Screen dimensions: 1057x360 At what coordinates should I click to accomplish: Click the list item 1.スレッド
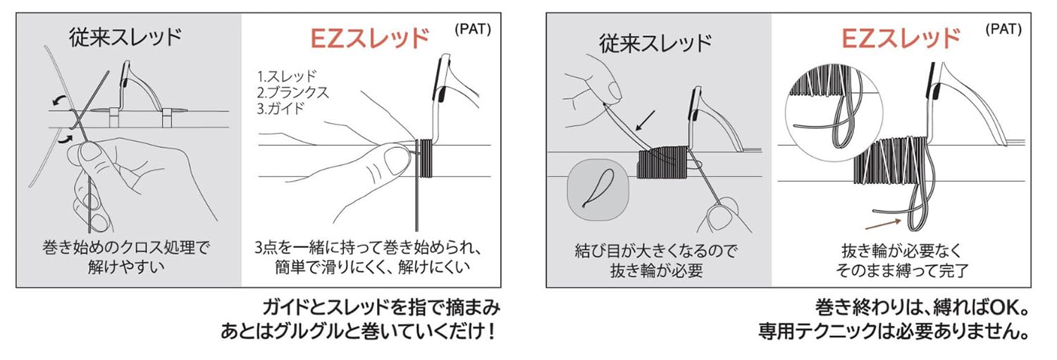(287, 76)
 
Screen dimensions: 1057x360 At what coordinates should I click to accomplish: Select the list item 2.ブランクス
(293, 92)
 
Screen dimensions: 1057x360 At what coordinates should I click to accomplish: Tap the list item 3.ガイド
(280, 108)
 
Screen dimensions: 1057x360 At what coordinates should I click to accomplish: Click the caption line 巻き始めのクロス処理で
(126, 248)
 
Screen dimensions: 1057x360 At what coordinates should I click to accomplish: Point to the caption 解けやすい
(126, 267)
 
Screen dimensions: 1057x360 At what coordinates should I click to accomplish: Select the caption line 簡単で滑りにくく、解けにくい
(372, 267)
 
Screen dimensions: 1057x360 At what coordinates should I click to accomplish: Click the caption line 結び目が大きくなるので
(656, 251)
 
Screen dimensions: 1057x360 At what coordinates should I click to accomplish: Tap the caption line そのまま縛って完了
(902, 271)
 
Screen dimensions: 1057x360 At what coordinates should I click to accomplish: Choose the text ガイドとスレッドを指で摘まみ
(381, 308)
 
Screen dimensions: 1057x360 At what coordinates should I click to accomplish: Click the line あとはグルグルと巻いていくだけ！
(358, 331)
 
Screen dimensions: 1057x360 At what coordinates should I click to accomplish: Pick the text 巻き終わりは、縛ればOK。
(922, 308)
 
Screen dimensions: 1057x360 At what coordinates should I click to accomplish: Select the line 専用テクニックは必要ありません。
(894, 331)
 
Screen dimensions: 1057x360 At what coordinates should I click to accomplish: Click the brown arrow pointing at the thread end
(884, 223)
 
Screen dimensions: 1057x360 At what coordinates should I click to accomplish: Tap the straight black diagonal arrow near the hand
(645, 120)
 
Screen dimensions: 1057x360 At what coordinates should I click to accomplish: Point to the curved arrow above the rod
(59, 99)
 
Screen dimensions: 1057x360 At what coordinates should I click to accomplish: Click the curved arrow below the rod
(66, 139)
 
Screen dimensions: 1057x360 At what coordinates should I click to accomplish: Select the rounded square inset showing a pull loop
(598, 190)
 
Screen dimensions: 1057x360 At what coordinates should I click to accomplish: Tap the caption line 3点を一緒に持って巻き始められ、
(368, 248)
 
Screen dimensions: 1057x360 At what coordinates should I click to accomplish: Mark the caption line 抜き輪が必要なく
(902, 251)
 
